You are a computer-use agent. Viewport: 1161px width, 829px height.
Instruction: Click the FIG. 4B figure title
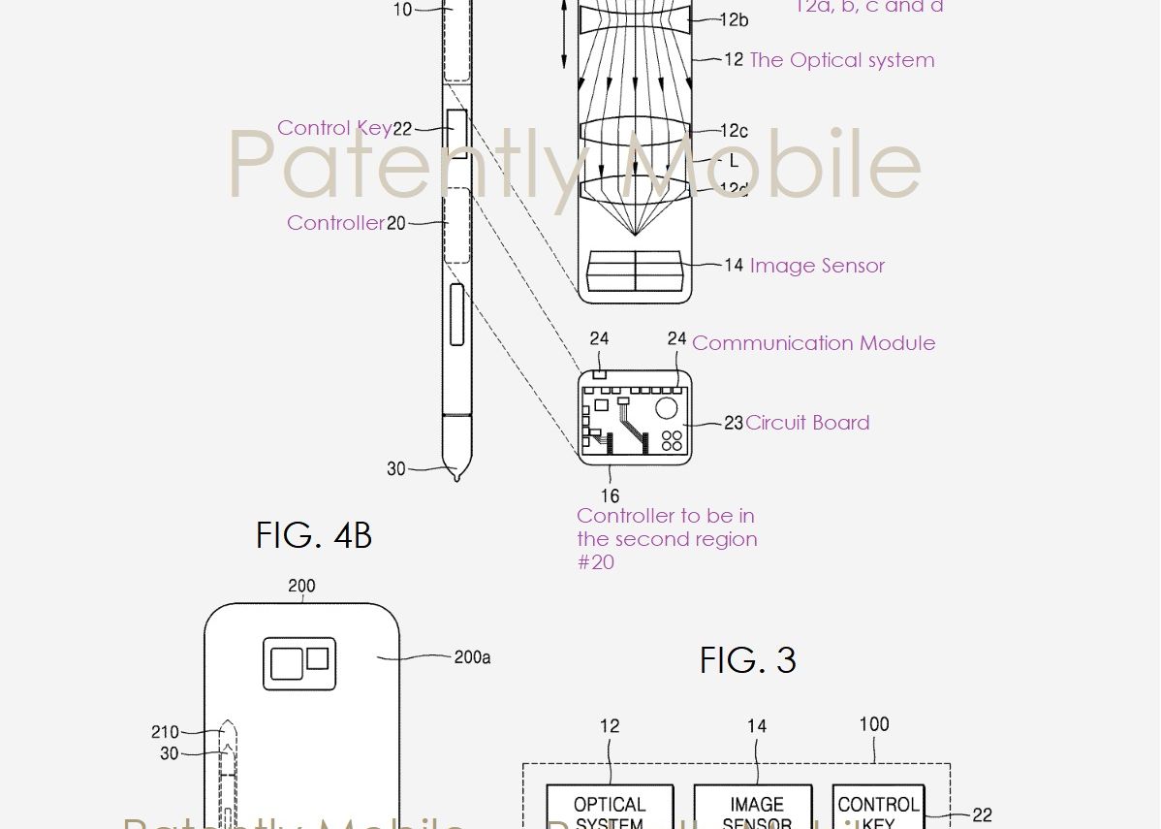click(x=313, y=535)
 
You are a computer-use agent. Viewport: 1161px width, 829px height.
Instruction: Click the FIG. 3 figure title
click(x=747, y=661)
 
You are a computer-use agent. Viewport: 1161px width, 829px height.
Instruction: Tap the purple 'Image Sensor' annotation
click(x=817, y=266)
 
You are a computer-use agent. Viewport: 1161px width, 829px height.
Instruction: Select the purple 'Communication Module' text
click(x=813, y=343)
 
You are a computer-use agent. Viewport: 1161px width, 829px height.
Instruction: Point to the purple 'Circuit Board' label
click(x=807, y=423)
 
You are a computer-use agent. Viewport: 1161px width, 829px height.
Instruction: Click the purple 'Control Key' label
click(x=334, y=128)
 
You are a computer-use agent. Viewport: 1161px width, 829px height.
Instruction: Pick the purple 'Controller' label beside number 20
click(x=335, y=223)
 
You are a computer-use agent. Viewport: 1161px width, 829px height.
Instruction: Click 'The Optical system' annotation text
click(x=841, y=60)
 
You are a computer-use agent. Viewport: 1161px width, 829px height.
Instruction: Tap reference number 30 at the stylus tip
click(x=395, y=468)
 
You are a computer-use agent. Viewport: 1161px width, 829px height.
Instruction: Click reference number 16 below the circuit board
click(x=610, y=496)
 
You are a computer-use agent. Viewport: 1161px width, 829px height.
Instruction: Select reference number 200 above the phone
click(x=301, y=586)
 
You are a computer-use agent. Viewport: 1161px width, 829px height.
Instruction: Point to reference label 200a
click(x=472, y=657)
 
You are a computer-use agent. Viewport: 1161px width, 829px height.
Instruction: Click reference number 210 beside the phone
click(x=165, y=732)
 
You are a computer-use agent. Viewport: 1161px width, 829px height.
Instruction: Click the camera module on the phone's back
click(x=299, y=664)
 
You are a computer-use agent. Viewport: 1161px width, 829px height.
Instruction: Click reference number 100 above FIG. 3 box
click(x=873, y=724)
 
